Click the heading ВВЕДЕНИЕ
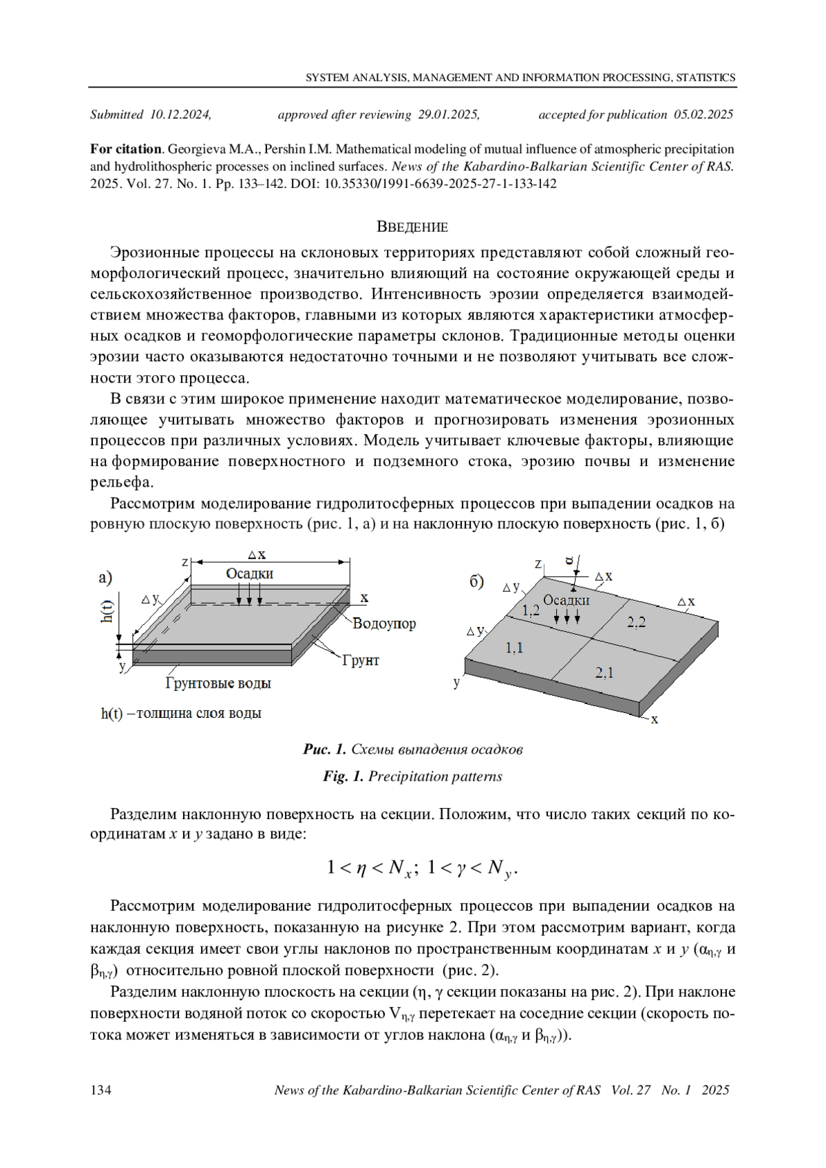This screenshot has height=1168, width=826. [412, 227]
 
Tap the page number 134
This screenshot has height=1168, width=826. [101, 1090]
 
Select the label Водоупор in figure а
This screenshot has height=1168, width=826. [384, 624]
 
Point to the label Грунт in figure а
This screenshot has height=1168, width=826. [361, 660]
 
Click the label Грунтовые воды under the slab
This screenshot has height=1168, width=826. [218, 683]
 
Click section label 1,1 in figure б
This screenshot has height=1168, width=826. [514, 647]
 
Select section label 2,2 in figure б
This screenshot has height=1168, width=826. [636, 622]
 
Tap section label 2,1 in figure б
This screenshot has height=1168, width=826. [604, 672]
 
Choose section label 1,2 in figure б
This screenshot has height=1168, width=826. [531, 610]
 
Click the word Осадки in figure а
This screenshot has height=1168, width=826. [249, 573]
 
